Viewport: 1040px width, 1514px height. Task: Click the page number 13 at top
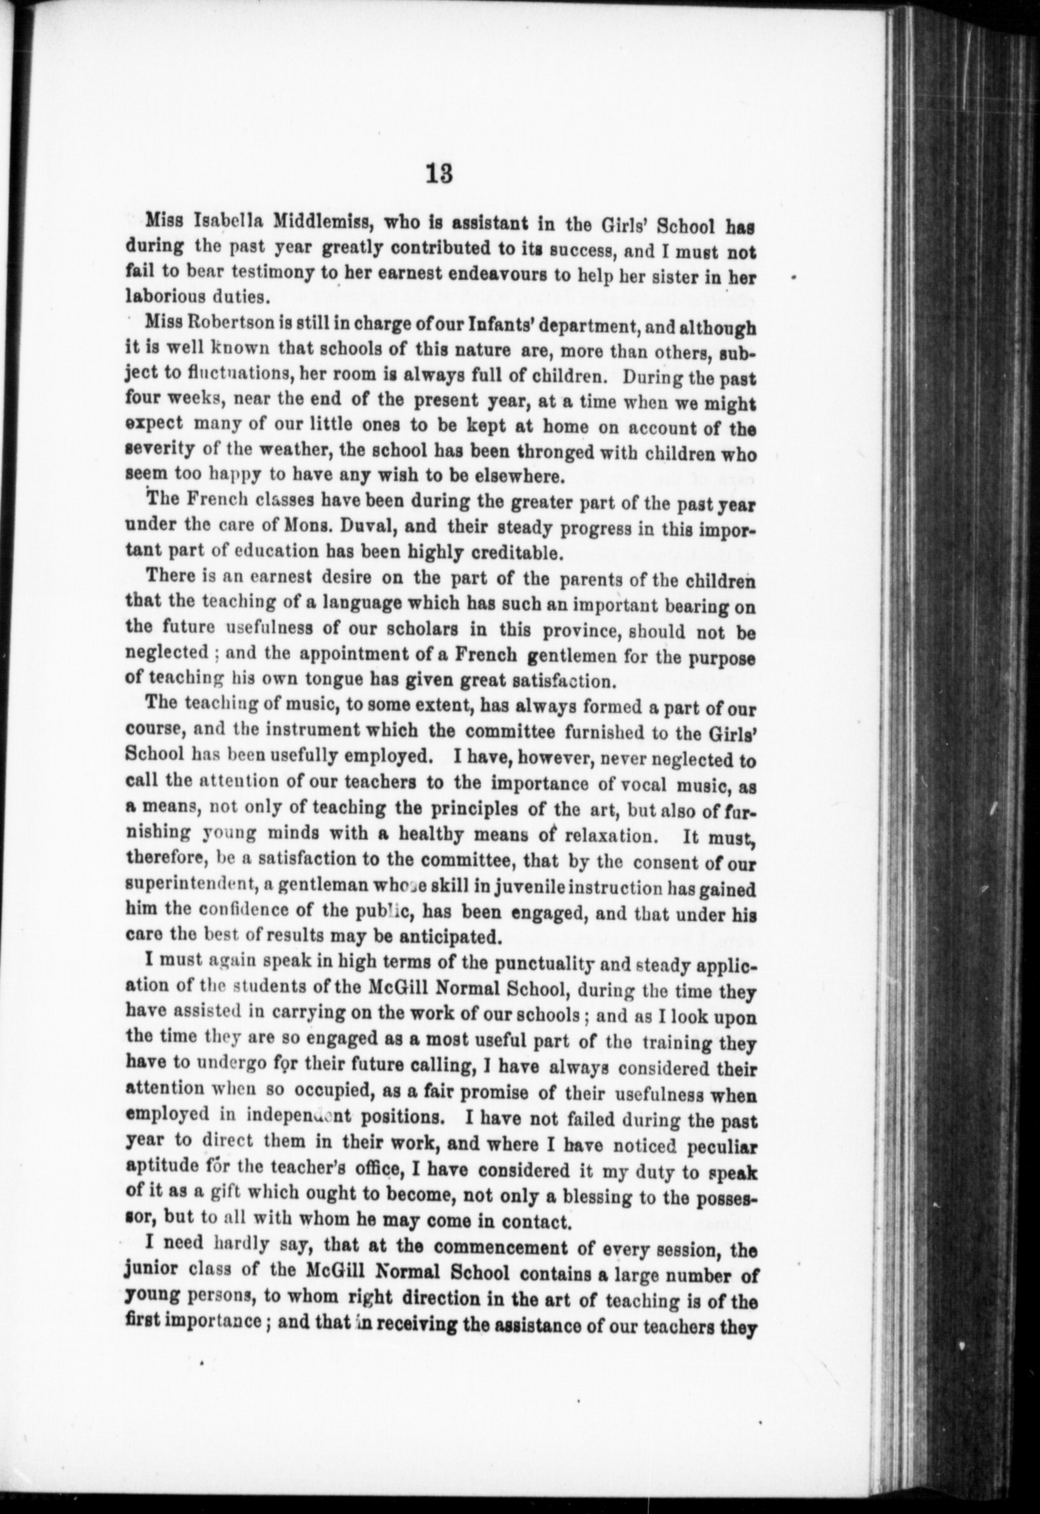tap(439, 174)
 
